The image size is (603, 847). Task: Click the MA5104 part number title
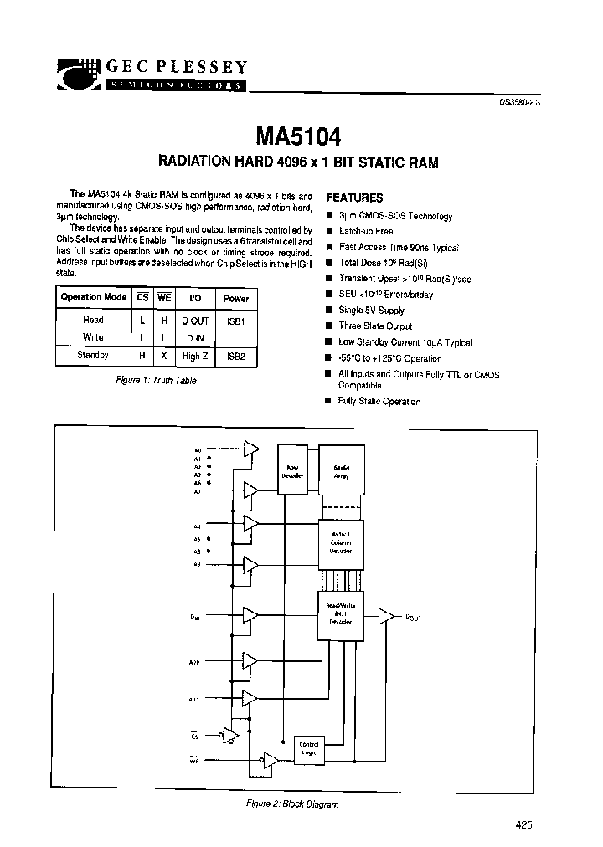298,136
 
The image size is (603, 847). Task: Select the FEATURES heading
353,198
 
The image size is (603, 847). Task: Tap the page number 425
524,824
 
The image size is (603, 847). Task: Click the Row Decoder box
293,472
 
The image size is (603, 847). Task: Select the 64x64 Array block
341,470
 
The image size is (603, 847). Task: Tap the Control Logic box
309,749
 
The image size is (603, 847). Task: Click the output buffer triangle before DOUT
386,617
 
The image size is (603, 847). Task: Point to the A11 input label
193,699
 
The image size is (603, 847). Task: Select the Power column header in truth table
236,297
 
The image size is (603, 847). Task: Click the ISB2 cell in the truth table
236,355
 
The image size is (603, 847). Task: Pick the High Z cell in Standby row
195,355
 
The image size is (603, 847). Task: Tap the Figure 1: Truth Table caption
155,381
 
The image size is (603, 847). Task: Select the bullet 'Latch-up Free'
366,231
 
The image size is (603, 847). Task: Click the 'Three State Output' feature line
375,326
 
